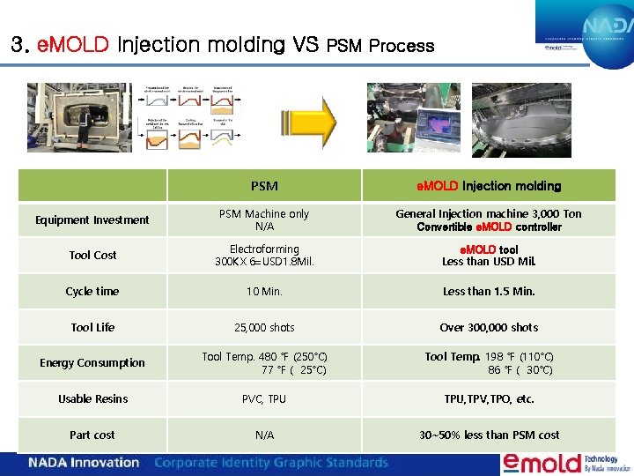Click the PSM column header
pyautogui.click(x=264, y=186)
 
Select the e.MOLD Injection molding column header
pyautogui.click(x=490, y=186)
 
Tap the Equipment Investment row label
pyautogui.click(x=92, y=220)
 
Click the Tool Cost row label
pyautogui.click(x=92, y=256)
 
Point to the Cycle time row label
pyautogui.click(x=92, y=292)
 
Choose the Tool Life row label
pyautogui.click(x=92, y=328)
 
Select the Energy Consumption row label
pyautogui.click(x=92, y=363)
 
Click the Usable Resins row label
pyautogui.click(x=92, y=399)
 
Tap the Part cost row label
pyautogui.click(x=92, y=435)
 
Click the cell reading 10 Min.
pyautogui.click(x=264, y=292)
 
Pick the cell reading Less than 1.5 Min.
pyautogui.click(x=490, y=292)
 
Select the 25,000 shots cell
pyautogui.click(x=264, y=328)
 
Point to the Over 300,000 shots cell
pyautogui.click(x=490, y=328)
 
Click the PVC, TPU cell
pyautogui.click(x=264, y=399)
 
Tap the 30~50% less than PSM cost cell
pyautogui.click(x=490, y=435)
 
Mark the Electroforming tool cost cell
pyautogui.click(x=264, y=256)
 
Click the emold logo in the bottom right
pyautogui.click(x=542, y=463)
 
